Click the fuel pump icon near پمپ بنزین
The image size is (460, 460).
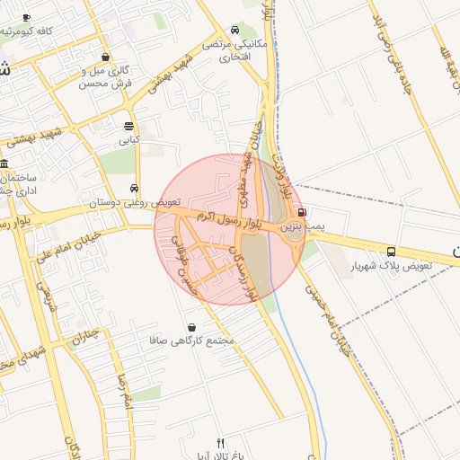click(301, 213)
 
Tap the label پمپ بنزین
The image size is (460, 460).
click(302, 228)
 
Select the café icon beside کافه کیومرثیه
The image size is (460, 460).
click(26, 17)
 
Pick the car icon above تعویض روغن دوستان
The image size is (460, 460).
click(134, 189)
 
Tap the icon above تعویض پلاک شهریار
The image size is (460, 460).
click(391, 252)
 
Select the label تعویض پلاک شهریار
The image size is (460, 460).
click(391, 267)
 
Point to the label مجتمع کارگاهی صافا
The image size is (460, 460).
click(193, 342)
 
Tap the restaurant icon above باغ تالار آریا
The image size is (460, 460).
click(221, 442)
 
